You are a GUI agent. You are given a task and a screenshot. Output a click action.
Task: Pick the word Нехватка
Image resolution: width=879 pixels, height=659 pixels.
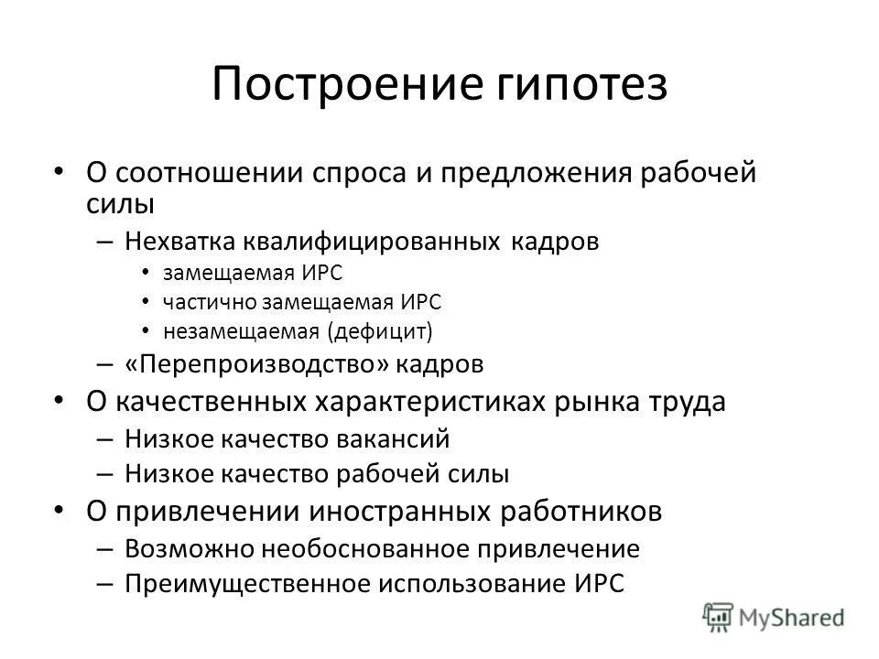(181, 242)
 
